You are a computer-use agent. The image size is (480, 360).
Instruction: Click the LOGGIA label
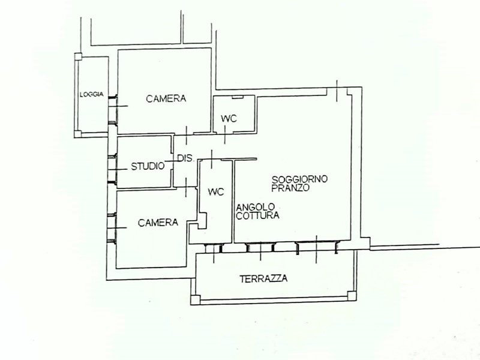(92, 94)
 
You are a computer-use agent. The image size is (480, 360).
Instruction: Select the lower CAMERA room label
(158, 223)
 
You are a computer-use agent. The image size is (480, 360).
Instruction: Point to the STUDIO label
(148, 166)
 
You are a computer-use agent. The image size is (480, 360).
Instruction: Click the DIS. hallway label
(184, 158)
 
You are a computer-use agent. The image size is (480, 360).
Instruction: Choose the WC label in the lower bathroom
(215, 192)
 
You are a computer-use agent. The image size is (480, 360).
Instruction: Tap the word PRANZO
(290, 188)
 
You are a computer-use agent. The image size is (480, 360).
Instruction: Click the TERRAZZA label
(263, 278)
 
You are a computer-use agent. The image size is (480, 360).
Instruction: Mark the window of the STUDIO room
(111, 167)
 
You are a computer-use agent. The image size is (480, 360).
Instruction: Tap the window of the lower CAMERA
(111, 226)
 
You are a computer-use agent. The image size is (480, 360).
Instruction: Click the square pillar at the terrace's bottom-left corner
(194, 299)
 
